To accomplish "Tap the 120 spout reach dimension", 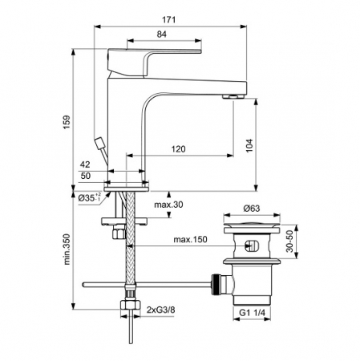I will pos(178,149).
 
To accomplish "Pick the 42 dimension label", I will pos(85,165).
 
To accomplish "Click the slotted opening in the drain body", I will pos(252,247).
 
